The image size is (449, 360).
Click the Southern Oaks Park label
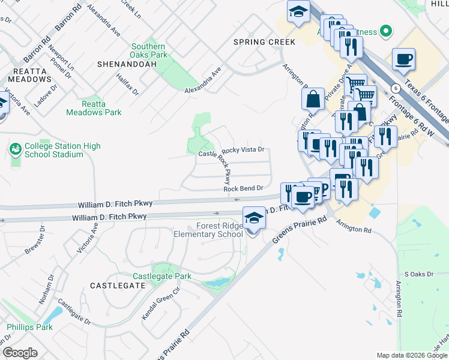pos(148,51)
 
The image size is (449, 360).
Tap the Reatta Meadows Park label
pos(93,108)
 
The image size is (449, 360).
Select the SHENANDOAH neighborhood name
pos(121,63)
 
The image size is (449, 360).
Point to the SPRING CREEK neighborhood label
pos(264,42)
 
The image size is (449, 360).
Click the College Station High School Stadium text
pos(62,151)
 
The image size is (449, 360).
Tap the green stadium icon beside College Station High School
pos(16,148)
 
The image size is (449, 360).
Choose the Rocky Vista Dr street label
pos(243,151)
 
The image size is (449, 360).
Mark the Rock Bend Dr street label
pos(243,188)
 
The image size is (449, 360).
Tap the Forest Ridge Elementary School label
pos(206,230)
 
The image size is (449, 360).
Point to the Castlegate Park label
pos(161,276)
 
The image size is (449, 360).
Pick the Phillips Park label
pos(29,327)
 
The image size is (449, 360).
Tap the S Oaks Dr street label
pos(418,274)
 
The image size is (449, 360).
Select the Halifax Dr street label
pos(128,84)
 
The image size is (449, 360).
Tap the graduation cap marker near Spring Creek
pos(298,13)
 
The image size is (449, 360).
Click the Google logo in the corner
pos(20,353)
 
